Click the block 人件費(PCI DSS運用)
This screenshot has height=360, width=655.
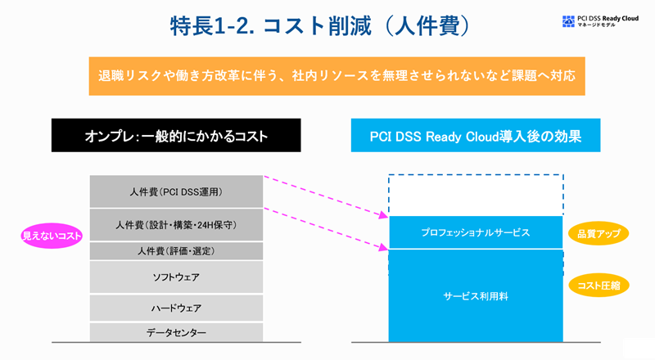point(175,191)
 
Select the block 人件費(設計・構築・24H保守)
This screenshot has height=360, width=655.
point(175,224)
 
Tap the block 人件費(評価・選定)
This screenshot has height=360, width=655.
point(175,251)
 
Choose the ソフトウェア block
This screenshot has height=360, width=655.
point(175,278)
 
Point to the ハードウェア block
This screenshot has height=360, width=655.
point(175,308)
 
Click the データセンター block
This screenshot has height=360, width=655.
point(175,332)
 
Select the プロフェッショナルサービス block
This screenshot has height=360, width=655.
point(476,232)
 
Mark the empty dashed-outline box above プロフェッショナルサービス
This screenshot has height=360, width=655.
point(476,195)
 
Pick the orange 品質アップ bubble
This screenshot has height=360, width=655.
point(598,233)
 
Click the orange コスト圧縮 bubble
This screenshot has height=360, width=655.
point(598,285)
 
